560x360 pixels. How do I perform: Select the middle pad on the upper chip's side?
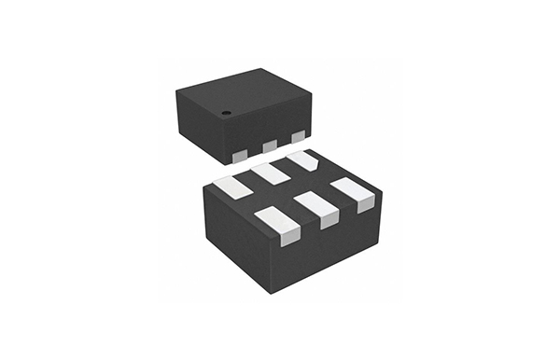click(270, 145)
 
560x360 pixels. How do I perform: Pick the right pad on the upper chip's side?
click(298, 137)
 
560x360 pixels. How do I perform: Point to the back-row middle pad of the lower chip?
click(272, 173)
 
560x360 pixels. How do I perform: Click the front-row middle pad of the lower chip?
click(317, 210)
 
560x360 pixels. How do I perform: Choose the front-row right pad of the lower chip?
click(354, 192)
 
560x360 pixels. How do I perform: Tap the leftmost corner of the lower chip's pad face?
click(203, 187)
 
